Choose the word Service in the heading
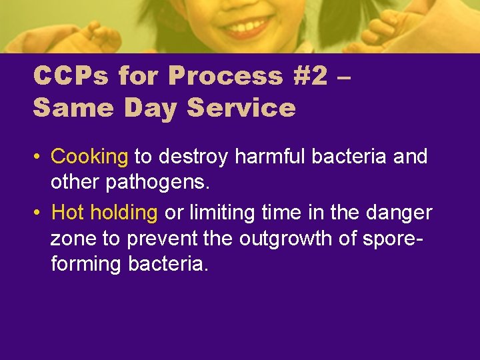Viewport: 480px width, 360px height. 241,107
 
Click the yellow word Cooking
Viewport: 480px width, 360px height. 89,157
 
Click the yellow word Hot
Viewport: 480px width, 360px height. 68,213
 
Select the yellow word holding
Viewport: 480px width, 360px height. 123,213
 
